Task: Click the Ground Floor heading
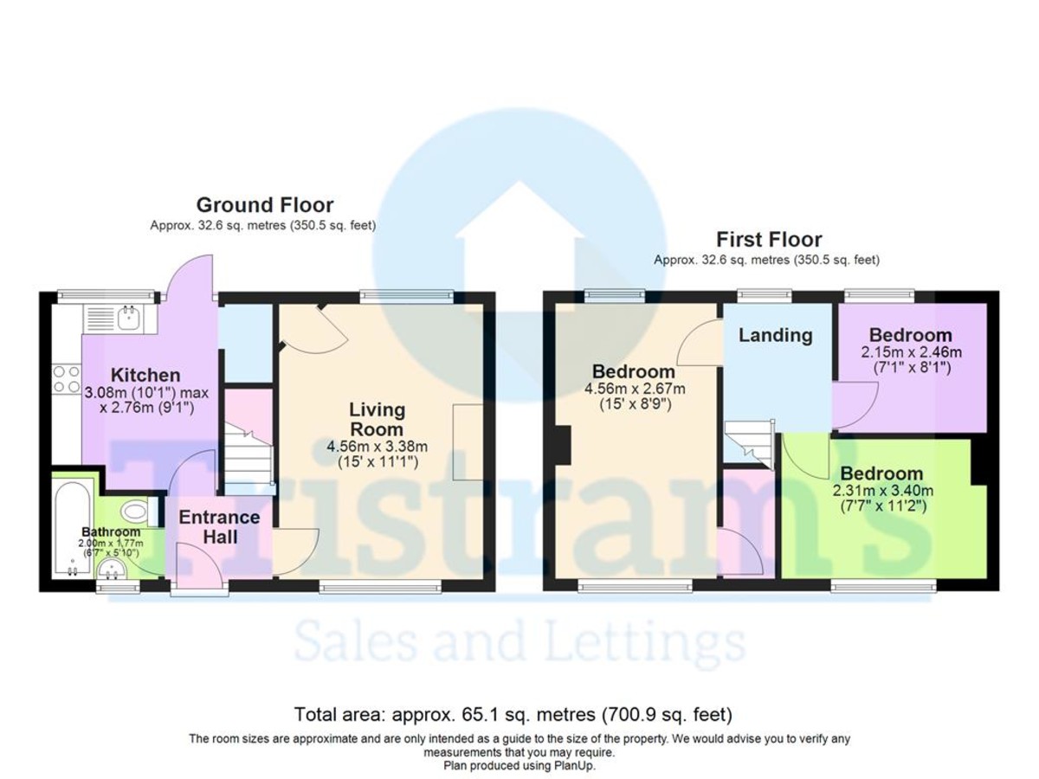[x=264, y=205]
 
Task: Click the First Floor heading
[x=768, y=239]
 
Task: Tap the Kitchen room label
[x=145, y=375]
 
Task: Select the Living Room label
[x=377, y=418]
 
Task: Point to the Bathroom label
[x=111, y=531]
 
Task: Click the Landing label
[x=775, y=335]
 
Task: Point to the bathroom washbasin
[x=110, y=570]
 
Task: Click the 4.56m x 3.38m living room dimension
[x=378, y=447]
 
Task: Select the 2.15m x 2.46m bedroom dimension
[x=910, y=353]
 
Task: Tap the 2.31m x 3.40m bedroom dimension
[x=881, y=492]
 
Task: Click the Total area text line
[x=513, y=715]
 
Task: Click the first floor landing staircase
[x=748, y=440]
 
